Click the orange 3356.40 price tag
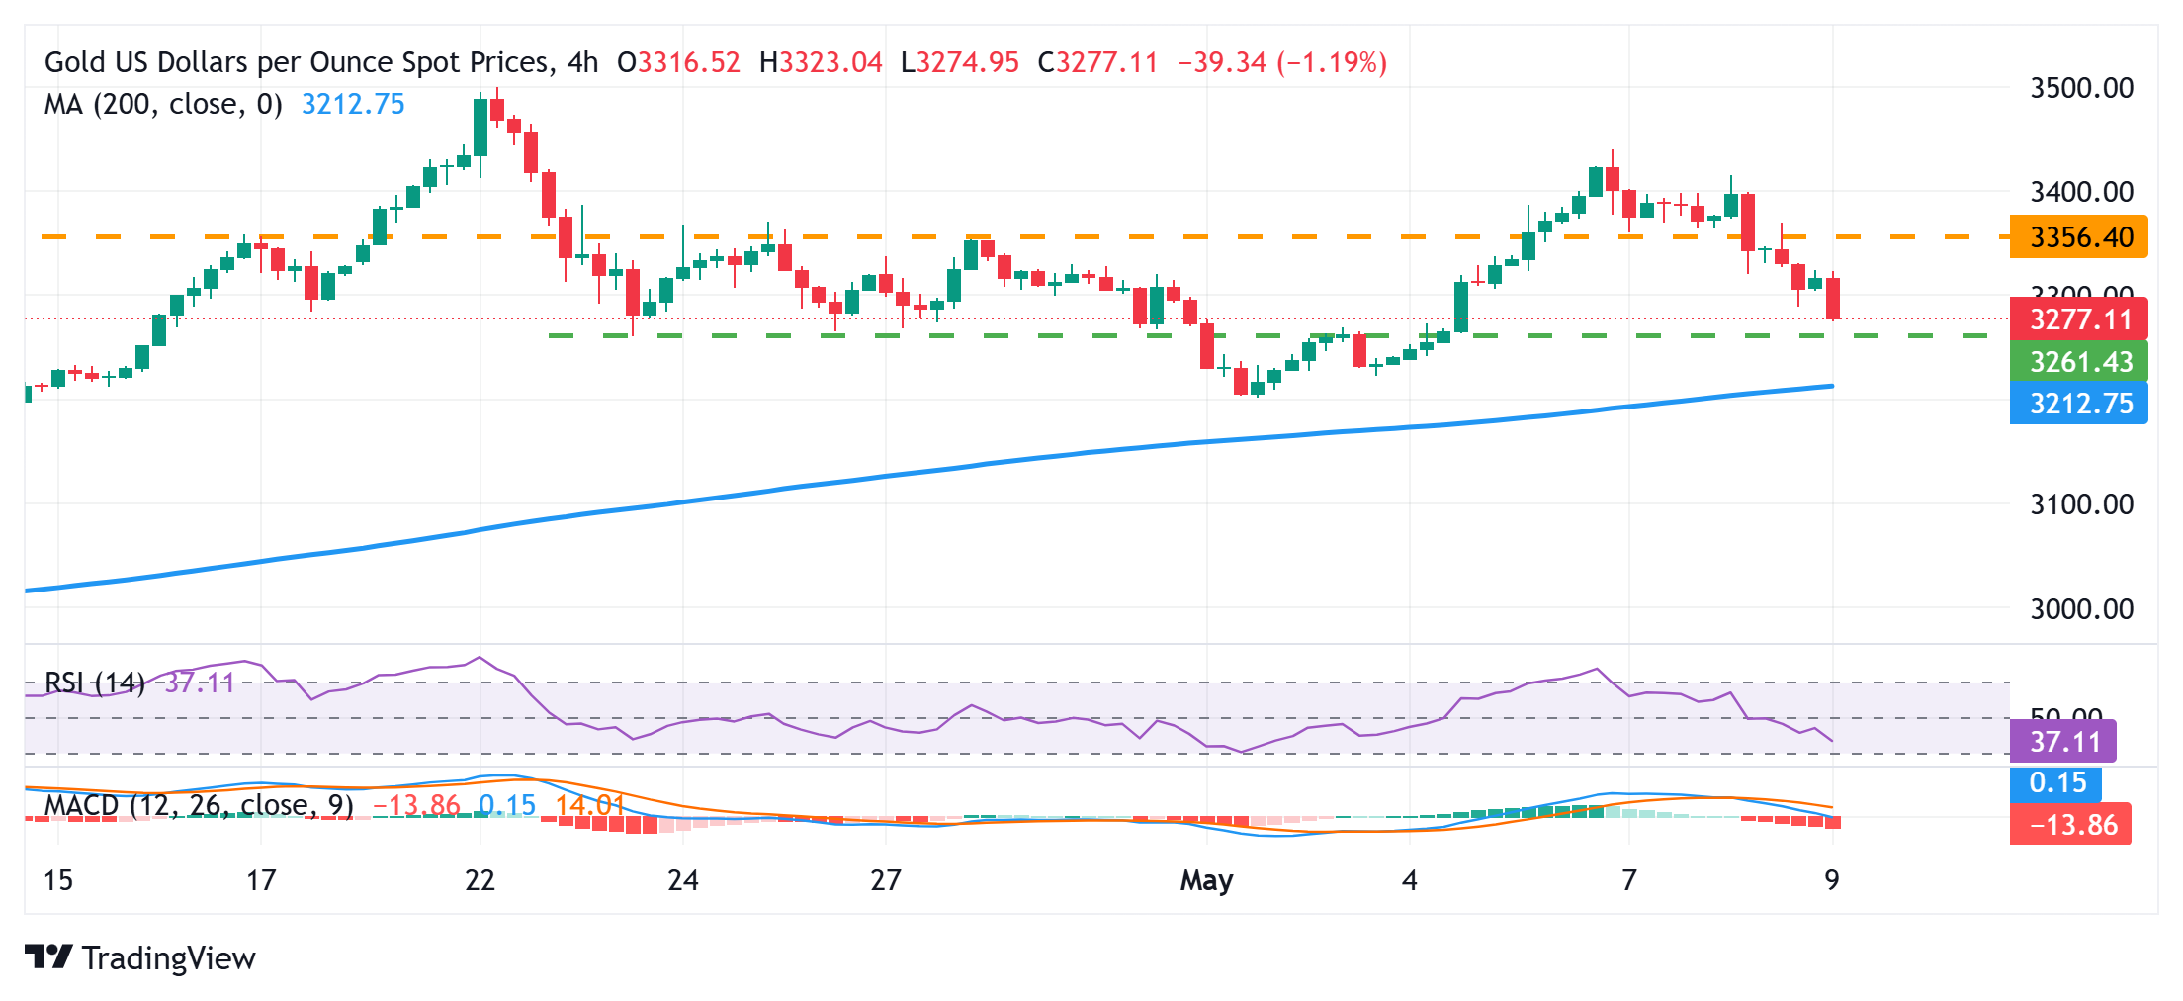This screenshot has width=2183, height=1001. (x=2079, y=237)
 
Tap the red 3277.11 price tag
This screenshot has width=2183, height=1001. (x=2079, y=319)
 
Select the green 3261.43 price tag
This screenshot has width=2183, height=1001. (x=2079, y=362)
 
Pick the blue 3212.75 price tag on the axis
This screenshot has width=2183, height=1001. (x=2079, y=404)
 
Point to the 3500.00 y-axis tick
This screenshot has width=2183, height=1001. (x=2081, y=88)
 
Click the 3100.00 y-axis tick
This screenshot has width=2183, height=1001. (x=2081, y=504)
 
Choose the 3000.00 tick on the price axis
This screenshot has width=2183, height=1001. (x=2081, y=608)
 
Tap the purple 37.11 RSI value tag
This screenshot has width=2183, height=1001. (x=2063, y=742)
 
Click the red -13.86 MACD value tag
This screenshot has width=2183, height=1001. (x=2071, y=825)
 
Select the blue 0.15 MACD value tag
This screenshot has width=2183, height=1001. (x=2056, y=783)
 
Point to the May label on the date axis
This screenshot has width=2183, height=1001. (x=1206, y=880)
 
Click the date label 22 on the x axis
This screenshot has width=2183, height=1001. (x=480, y=880)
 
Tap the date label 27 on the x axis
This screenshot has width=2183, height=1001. (x=886, y=880)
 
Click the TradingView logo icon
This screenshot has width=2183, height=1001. (x=48, y=957)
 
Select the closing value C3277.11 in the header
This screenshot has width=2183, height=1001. (x=1097, y=62)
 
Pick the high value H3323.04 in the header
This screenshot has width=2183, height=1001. (x=821, y=62)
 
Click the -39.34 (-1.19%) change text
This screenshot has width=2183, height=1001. (x=1282, y=62)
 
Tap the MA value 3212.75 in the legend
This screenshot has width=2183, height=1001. (x=353, y=104)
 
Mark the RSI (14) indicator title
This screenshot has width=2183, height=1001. (x=95, y=682)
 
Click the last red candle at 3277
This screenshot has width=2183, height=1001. (x=1833, y=299)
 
